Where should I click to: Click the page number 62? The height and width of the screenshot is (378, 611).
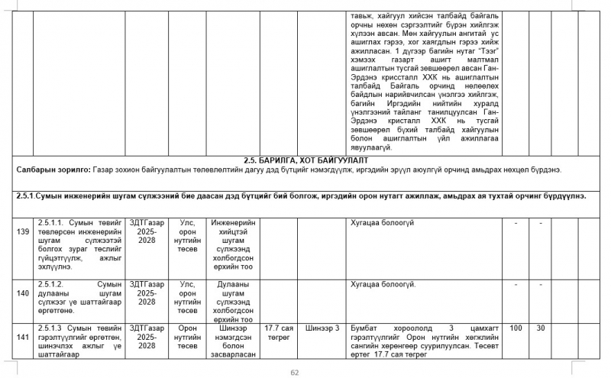[295, 372]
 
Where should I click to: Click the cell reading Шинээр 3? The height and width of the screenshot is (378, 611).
[322, 328]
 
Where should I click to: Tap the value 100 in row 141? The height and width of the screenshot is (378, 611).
[516, 328]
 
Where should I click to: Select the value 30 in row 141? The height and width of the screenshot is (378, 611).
[540, 328]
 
